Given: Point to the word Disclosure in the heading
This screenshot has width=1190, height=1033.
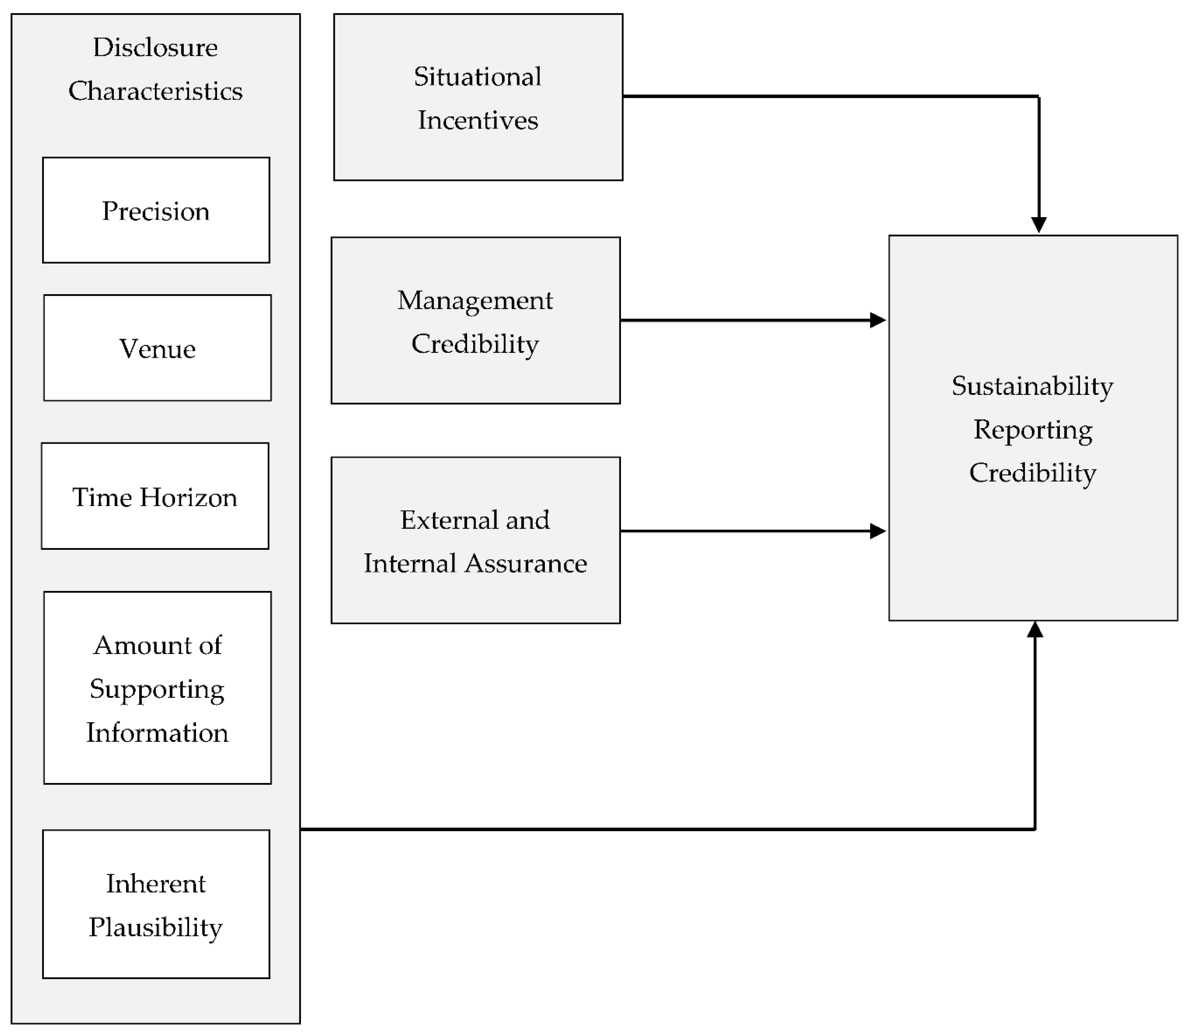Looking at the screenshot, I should tap(155, 47).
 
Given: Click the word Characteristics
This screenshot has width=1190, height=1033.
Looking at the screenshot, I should tap(155, 91).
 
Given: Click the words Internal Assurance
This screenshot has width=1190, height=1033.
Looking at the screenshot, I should tap(475, 564).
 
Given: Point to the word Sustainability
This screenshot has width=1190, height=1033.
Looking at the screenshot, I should tap(1032, 386).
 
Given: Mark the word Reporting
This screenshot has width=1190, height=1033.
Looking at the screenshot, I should tap(1032, 430).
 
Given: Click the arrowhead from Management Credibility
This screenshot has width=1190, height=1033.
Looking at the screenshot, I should tap(878, 320).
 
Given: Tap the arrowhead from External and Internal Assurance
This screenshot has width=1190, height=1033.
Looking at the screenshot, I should tap(878, 531).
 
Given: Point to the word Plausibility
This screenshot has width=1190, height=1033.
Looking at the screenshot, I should tap(155, 927).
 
